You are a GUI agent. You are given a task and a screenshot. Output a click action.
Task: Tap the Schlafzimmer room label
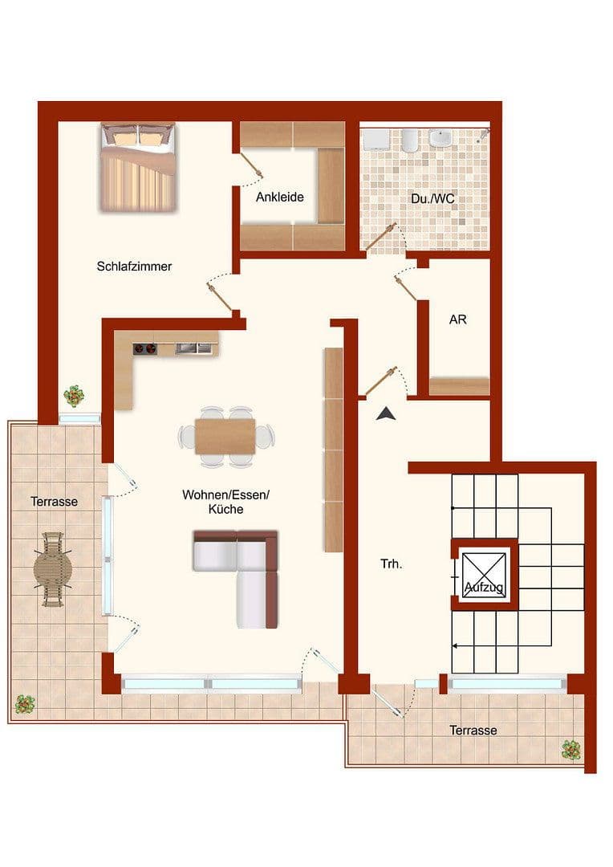[134, 267]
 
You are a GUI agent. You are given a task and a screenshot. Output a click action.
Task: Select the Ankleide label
[279, 197]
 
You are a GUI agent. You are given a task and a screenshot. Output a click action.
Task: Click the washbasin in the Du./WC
[440, 140]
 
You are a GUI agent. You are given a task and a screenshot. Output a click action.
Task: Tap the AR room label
[457, 320]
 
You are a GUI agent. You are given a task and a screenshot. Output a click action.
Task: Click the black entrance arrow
[387, 413]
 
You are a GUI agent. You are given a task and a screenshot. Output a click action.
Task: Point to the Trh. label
[391, 564]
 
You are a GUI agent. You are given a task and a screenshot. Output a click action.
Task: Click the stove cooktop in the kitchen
[145, 348]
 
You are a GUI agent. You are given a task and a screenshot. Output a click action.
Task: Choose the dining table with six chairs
[225, 437]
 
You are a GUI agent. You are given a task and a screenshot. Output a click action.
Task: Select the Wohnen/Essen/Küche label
[225, 503]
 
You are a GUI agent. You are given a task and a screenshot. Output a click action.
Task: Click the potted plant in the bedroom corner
[75, 395]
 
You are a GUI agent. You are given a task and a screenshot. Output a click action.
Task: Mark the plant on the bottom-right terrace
[571, 750]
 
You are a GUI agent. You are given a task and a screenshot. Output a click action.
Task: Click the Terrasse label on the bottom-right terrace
[473, 731]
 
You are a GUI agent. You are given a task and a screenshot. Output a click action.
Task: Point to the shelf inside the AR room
[459, 386]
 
